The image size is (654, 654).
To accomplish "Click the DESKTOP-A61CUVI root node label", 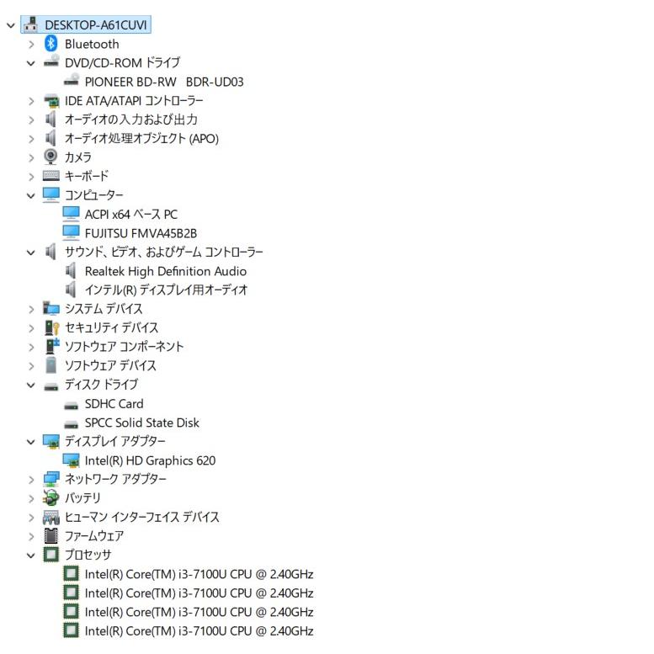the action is click(95, 25).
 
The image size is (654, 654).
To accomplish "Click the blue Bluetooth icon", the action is click(51, 44).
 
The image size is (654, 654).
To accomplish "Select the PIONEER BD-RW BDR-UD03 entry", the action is click(164, 82).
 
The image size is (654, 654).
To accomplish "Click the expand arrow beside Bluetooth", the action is click(31, 45).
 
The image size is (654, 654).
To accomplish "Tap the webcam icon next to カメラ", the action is click(51, 157).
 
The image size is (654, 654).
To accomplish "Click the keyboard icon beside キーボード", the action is click(51, 176).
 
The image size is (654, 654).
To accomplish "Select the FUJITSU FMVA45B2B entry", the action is click(141, 233).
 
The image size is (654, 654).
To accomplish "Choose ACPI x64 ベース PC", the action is click(131, 215).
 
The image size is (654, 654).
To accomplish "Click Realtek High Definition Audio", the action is click(166, 271).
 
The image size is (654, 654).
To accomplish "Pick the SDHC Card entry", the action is click(114, 404).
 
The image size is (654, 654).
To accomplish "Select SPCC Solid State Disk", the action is click(141, 423).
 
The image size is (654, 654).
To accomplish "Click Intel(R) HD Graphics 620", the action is click(150, 460).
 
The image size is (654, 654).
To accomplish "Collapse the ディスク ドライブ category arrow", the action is click(31, 385).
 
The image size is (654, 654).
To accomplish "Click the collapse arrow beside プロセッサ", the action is click(31, 556).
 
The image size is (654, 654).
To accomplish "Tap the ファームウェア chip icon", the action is click(51, 535).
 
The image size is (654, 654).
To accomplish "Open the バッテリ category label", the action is click(82, 498).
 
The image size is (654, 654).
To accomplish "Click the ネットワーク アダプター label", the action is click(115, 479).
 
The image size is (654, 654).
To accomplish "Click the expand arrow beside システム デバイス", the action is click(31, 310).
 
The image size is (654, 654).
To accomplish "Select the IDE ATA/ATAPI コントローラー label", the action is click(134, 100).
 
